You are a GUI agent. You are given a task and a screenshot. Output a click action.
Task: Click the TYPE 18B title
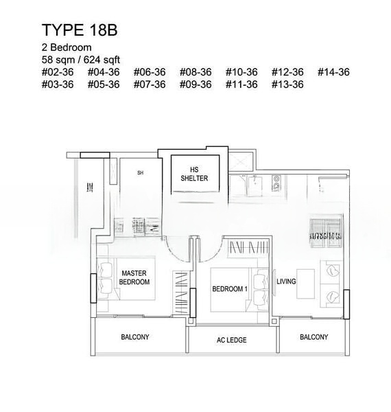pos(80,30)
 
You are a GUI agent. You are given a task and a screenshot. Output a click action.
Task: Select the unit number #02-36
pos(58,72)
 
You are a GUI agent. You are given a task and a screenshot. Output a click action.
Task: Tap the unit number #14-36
pos(333,72)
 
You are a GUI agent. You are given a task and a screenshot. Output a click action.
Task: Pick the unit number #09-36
pos(195,84)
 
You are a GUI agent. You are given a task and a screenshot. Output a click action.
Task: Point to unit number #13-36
pos(287,84)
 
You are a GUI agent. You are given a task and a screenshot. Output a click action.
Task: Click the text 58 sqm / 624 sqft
pos(81,60)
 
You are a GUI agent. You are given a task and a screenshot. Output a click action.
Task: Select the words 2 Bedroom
pos(67,47)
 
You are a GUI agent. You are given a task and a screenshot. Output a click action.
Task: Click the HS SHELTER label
pos(194,174)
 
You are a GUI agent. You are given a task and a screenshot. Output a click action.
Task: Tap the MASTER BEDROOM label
pos(134,277)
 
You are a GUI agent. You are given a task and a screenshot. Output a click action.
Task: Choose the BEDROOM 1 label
pos(230,289)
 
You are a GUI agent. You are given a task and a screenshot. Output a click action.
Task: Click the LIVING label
pos(286,282)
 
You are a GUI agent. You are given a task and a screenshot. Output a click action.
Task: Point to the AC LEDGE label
pos(231,340)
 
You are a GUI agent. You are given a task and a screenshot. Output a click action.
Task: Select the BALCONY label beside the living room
pos(314,337)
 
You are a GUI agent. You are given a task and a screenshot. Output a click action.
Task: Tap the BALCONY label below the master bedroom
pos(135,337)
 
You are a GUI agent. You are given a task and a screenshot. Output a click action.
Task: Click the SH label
pos(141,173)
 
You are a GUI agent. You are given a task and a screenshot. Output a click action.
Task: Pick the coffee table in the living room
pos(305,284)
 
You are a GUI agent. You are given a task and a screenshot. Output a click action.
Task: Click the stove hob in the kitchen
pos(276,183)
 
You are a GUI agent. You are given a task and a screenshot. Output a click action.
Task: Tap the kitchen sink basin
pos(254,187)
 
